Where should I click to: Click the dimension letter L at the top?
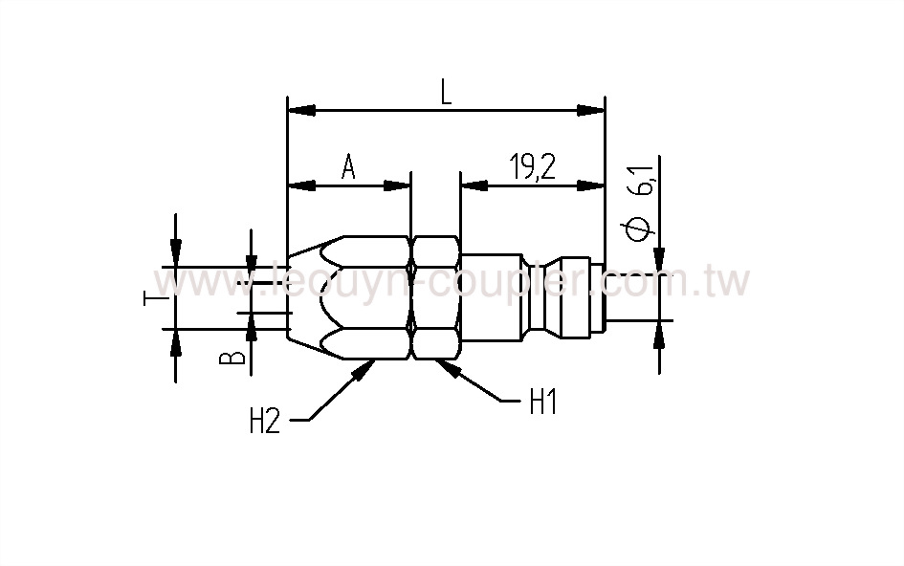point(446,92)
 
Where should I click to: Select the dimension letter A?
point(349,168)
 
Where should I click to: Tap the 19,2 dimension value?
point(533,168)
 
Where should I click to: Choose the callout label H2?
point(265,422)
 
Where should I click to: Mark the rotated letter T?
point(149,298)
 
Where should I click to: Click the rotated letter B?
point(231,358)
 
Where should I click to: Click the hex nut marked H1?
point(435,296)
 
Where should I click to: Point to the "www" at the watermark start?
point(196,283)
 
